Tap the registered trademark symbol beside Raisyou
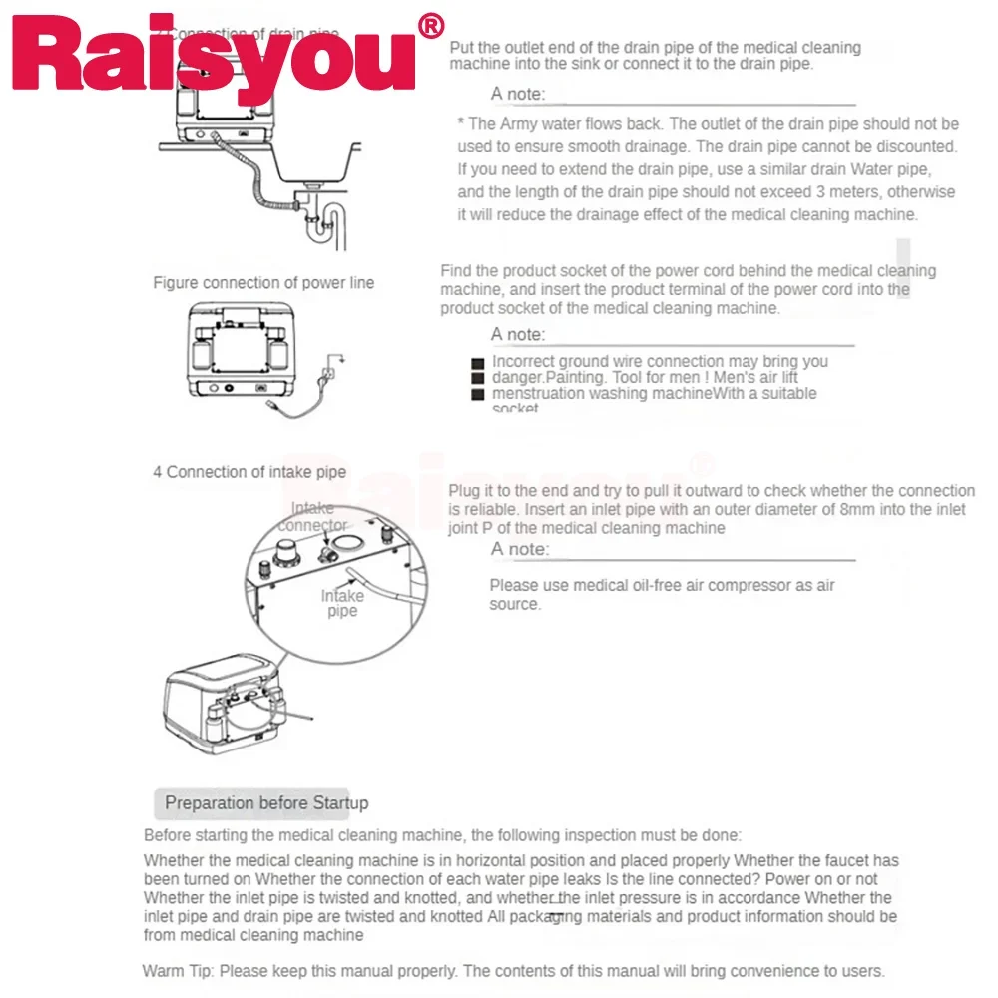[431, 27]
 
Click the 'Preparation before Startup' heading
[266, 803]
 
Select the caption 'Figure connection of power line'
[263, 283]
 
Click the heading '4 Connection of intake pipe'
[249, 472]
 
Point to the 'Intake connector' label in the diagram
[313, 517]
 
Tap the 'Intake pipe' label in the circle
[342, 603]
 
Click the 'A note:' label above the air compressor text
[519, 549]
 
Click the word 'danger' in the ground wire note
[517, 377]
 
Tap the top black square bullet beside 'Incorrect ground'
[478, 363]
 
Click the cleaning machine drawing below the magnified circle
[225, 710]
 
